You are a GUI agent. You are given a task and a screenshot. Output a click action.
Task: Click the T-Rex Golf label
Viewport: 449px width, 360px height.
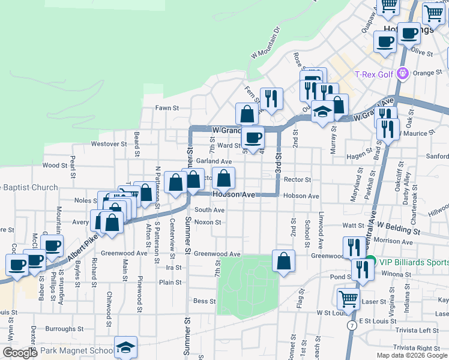[373, 74]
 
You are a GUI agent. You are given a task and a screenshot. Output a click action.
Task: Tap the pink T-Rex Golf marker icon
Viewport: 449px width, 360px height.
[402, 74]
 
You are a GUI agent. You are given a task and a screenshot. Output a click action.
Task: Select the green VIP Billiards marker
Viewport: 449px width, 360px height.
[370, 261]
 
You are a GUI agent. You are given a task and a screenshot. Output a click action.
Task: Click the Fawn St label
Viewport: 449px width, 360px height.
[168, 108]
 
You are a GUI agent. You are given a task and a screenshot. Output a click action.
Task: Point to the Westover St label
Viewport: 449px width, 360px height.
[109, 144]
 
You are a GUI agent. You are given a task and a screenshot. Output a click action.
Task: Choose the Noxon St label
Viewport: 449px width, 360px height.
[208, 222]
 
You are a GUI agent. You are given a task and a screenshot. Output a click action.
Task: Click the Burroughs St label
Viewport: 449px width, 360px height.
[64, 329]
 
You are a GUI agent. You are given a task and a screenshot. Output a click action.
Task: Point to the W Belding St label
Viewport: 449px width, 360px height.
[399, 227]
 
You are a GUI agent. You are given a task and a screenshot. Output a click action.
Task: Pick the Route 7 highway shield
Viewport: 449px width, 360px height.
[352, 325]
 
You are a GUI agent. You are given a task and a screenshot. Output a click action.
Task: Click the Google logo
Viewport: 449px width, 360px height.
[20, 353]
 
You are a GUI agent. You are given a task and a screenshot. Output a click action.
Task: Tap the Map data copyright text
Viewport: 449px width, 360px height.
[411, 355]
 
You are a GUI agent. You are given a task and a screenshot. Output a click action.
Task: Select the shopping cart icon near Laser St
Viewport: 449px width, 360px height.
[348, 298]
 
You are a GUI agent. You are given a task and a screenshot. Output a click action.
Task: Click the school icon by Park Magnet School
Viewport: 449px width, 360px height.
[125, 347]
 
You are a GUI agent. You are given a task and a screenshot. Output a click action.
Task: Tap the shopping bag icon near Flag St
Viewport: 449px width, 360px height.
[283, 260]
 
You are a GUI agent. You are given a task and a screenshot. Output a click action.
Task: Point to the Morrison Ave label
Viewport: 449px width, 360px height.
[393, 242]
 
